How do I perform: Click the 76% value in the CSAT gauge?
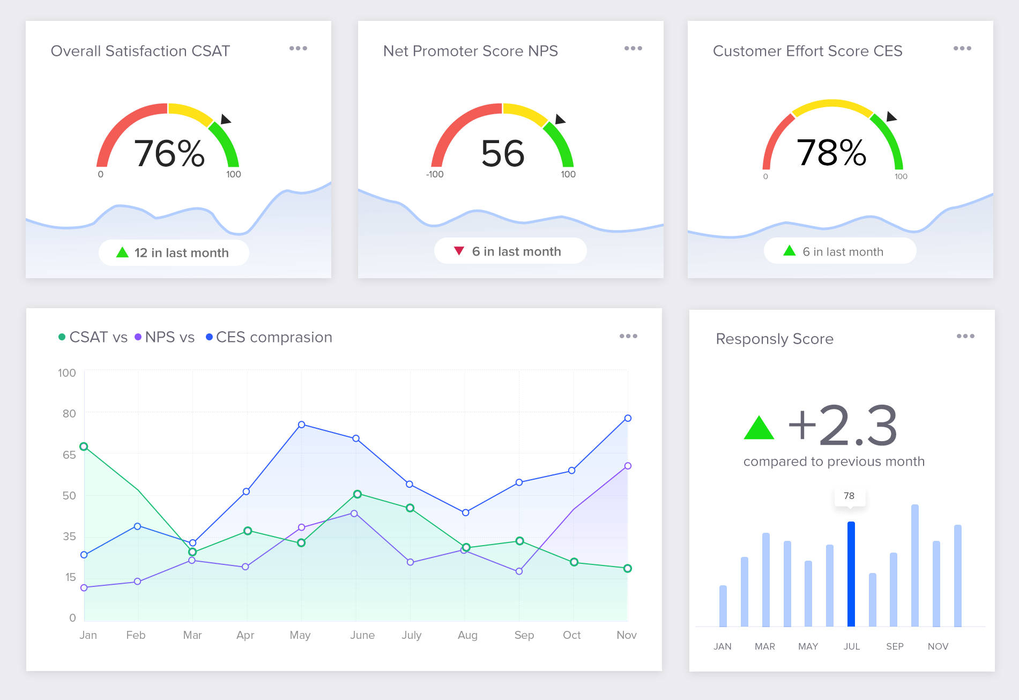[x=169, y=153]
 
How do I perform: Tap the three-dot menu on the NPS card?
[x=633, y=48]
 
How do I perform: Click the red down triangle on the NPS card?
[x=459, y=251]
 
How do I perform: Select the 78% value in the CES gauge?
[x=831, y=152]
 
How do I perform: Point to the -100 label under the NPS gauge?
[x=435, y=174]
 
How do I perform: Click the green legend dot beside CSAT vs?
[x=62, y=337]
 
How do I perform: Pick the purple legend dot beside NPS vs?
[x=138, y=337]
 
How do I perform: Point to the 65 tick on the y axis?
[x=69, y=455]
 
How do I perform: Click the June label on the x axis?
[x=362, y=635]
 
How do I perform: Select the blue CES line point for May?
[x=301, y=425]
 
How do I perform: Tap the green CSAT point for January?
[x=84, y=446]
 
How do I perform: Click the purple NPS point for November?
[x=628, y=466]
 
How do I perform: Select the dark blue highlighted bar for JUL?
[x=851, y=574]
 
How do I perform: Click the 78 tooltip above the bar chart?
[x=849, y=496]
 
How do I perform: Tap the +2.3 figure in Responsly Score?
[x=843, y=426]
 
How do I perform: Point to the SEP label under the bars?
[x=895, y=646]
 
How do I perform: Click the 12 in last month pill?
[x=174, y=252]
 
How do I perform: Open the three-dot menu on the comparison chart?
[x=628, y=336]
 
